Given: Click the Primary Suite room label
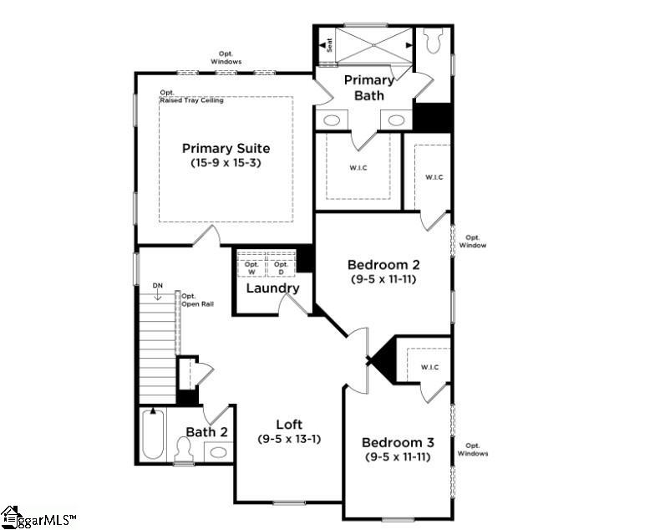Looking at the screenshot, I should pos(226,149).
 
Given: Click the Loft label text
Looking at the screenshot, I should pos(289,424).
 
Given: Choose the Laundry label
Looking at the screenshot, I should pos(272,288).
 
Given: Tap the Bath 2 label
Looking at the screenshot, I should pos(206,432).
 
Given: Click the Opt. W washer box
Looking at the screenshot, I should pos(251,268).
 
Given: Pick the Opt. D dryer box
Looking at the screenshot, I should pos(281,268).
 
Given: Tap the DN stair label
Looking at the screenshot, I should pos(157,287).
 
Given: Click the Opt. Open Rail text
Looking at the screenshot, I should pos(197,299).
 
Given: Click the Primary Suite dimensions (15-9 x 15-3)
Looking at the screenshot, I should pos(226,164).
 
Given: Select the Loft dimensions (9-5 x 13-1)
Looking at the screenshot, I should pos(289,439).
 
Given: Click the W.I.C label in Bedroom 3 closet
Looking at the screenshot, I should pos(430,367).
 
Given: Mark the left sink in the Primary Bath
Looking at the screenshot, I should pos(332,120).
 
